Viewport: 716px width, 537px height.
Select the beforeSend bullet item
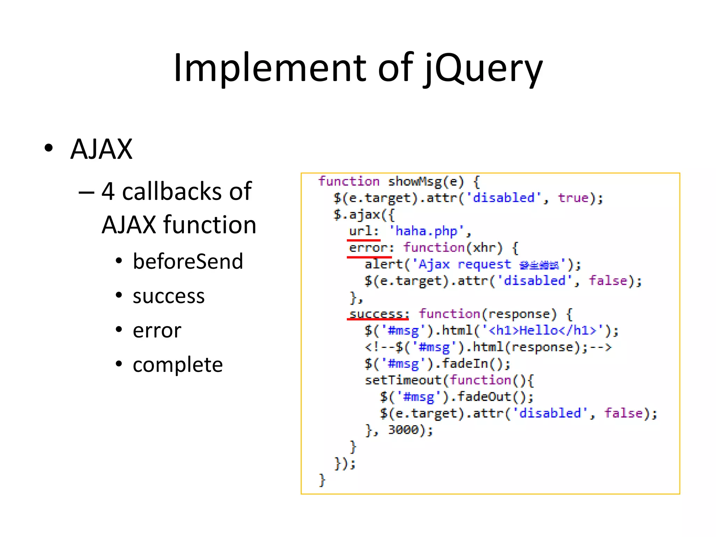point(188,262)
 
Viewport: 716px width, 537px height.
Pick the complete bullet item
point(178,365)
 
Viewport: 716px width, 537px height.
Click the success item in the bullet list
point(169,296)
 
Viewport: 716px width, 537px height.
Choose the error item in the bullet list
point(157,330)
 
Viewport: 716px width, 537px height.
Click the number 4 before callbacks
point(108,192)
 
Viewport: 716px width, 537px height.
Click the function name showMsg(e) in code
point(425,181)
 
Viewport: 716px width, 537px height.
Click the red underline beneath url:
point(364,240)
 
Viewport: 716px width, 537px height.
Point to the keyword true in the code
point(573,198)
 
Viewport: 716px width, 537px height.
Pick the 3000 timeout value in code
point(403,430)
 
